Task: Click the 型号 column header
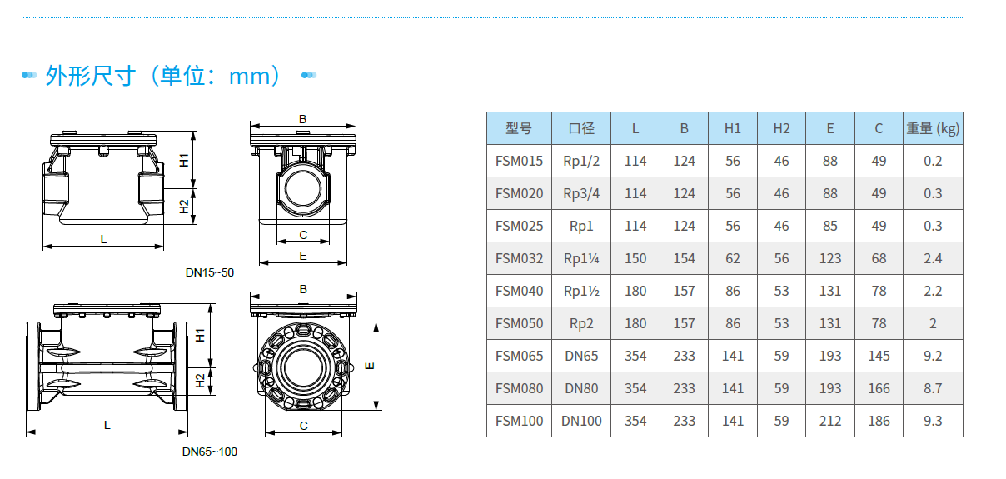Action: coord(518,128)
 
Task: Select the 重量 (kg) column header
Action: coord(933,128)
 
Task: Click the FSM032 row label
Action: coord(519,258)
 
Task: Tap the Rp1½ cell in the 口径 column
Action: coord(581,291)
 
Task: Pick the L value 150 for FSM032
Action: coord(635,258)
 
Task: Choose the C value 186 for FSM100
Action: coord(879,421)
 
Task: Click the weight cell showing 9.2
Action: coord(933,356)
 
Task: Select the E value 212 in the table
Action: coord(830,421)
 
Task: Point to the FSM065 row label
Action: coord(519,356)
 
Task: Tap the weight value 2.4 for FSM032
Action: coord(933,258)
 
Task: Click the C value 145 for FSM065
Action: coord(879,356)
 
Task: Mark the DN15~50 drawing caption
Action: coord(210,272)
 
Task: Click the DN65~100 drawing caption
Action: coord(210,452)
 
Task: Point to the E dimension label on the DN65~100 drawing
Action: coord(370,365)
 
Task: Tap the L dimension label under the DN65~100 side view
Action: coord(107,425)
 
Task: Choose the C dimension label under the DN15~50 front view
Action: coord(303,236)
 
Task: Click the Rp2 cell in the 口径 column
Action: coord(581,323)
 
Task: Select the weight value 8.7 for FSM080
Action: coord(933,388)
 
